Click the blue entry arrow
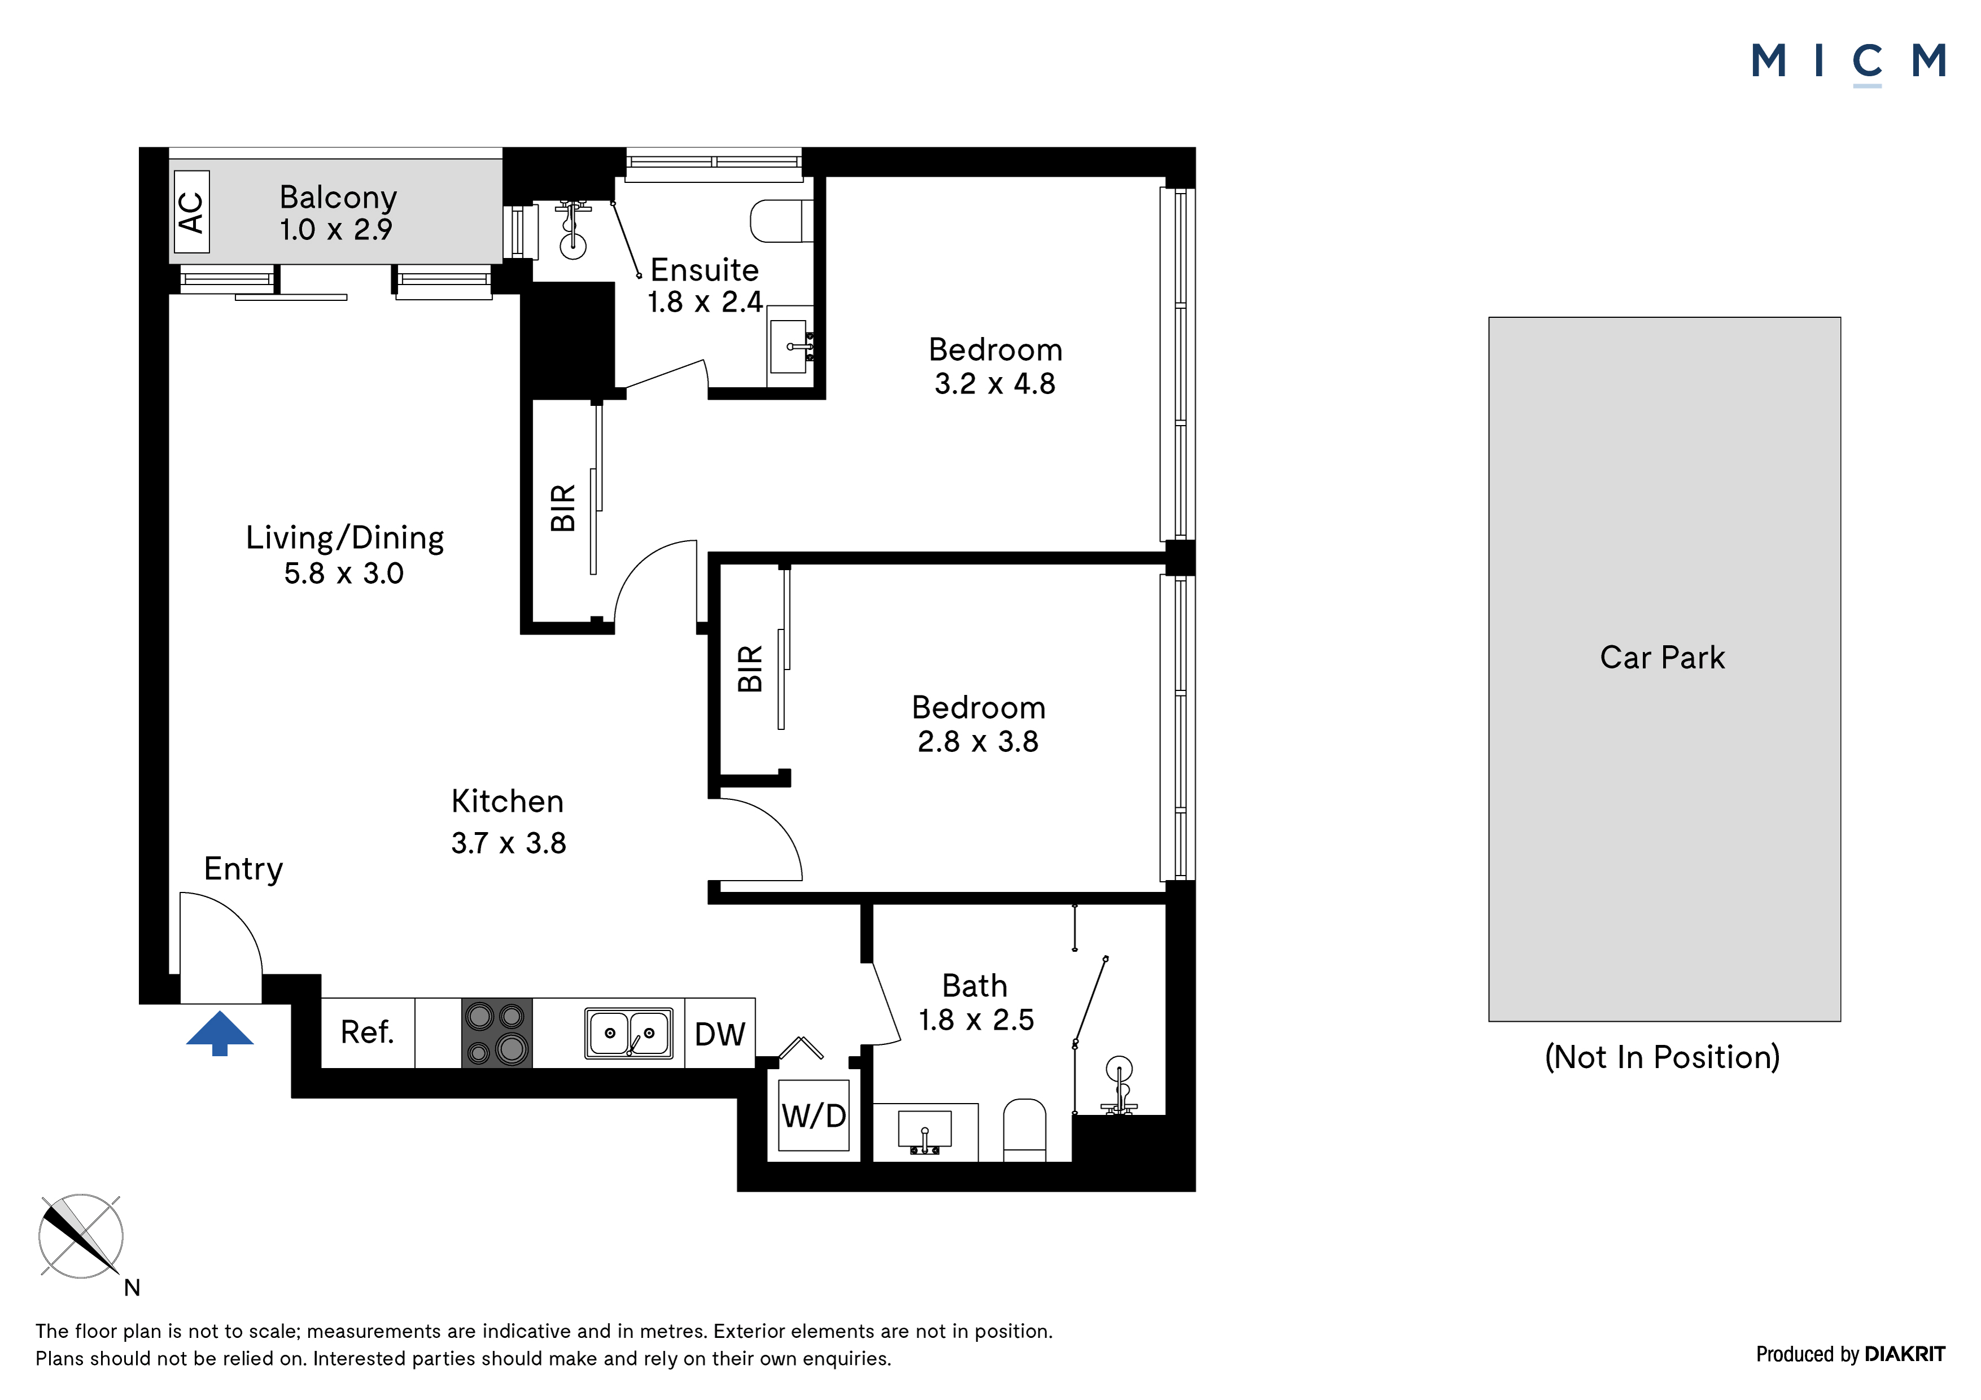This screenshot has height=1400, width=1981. pyautogui.click(x=220, y=1032)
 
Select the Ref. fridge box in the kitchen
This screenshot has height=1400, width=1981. pyautogui.click(x=368, y=1032)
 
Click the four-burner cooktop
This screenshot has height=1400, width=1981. pyautogui.click(x=497, y=1032)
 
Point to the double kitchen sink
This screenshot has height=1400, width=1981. pyautogui.click(x=629, y=1032)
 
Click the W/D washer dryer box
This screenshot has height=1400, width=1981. pyautogui.click(x=814, y=1115)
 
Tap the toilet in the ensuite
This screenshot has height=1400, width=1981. pyautogui.click(x=782, y=221)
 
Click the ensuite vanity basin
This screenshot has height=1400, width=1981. pyautogui.click(x=789, y=346)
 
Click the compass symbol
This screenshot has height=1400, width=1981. pyautogui.click(x=81, y=1236)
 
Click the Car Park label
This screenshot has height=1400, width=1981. pyautogui.click(x=1663, y=657)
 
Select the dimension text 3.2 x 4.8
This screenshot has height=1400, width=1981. pyautogui.click(x=995, y=383)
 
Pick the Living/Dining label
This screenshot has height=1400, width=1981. pyautogui.click(x=345, y=537)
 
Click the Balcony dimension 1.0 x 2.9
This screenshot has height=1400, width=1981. pyautogui.click(x=335, y=229)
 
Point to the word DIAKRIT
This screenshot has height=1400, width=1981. pyautogui.click(x=1905, y=1354)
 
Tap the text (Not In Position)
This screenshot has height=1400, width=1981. pyautogui.click(x=1663, y=1057)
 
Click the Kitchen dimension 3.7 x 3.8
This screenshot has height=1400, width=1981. pyautogui.click(x=509, y=843)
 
